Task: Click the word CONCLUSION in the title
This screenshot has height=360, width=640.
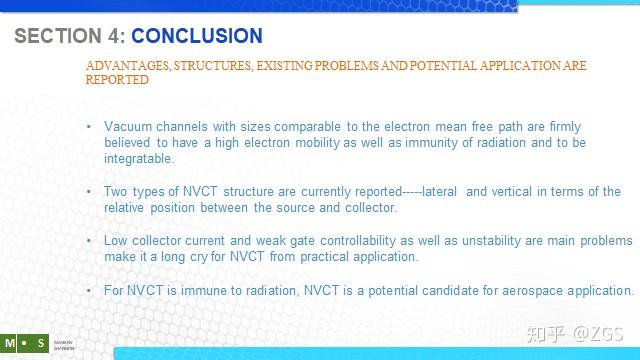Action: tap(197, 37)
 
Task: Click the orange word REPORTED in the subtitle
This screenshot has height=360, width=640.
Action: tap(117, 80)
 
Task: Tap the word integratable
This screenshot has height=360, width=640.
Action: tap(139, 158)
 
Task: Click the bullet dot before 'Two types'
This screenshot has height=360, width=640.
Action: tap(90, 192)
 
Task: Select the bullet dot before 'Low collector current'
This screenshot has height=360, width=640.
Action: tap(90, 241)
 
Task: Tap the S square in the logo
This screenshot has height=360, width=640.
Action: tap(40, 343)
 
